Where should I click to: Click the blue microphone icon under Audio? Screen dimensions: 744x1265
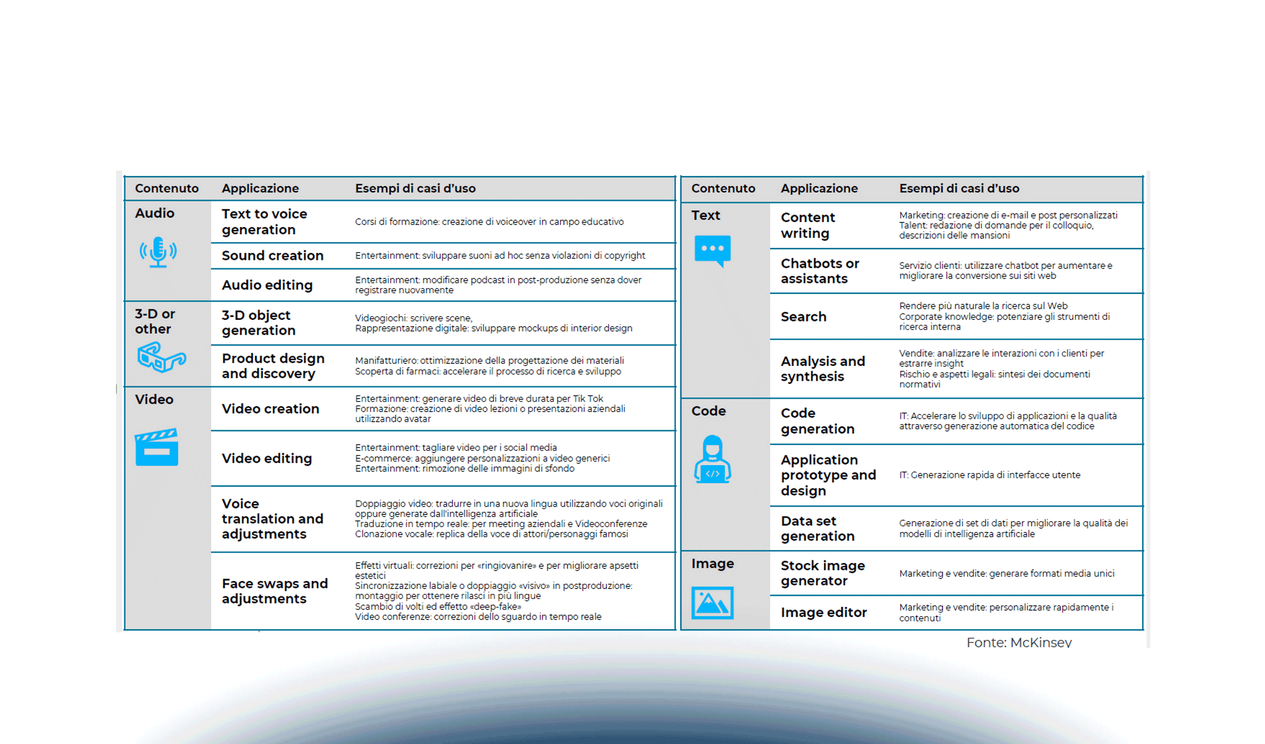click(x=158, y=252)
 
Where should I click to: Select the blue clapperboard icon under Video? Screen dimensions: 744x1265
click(x=157, y=447)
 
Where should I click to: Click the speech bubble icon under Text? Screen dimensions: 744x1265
click(x=712, y=251)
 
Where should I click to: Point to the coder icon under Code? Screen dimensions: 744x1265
click(x=712, y=459)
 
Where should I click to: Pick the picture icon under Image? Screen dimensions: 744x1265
click(x=712, y=603)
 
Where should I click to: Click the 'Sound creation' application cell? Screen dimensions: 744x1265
click(x=272, y=255)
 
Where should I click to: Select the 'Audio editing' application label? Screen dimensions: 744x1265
click(x=267, y=285)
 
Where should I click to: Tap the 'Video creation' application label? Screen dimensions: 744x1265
click(x=270, y=409)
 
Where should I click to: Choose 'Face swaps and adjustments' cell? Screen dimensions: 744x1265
click(x=274, y=591)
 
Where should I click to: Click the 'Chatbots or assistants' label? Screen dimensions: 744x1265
click(x=819, y=271)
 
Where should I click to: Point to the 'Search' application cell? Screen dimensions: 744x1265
click(x=803, y=317)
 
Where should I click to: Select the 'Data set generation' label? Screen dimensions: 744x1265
click(x=817, y=528)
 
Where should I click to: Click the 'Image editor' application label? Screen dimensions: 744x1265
click(x=823, y=613)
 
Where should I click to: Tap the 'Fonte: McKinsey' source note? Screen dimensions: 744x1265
click(x=1019, y=642)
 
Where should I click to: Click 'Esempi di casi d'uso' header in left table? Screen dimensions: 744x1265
click(x=415, y=188)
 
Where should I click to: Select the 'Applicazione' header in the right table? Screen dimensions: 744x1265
click(x=819, y=188)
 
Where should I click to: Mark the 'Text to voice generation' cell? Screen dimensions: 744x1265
click(x=264, y=221)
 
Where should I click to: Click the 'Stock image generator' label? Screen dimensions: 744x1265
click(x=822, y=573)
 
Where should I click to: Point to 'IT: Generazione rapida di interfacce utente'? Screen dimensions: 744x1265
click(x=990, y=475)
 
